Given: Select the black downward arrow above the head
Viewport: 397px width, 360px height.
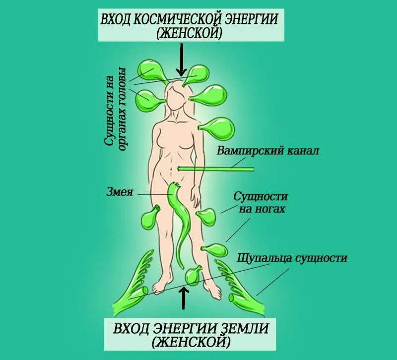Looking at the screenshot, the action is point(181,60).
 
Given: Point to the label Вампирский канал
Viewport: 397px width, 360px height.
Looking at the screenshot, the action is point(267,151).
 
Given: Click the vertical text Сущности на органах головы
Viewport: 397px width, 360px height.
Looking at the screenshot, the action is point(115,106).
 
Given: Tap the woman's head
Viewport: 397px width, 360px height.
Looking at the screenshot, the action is point(177,97).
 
